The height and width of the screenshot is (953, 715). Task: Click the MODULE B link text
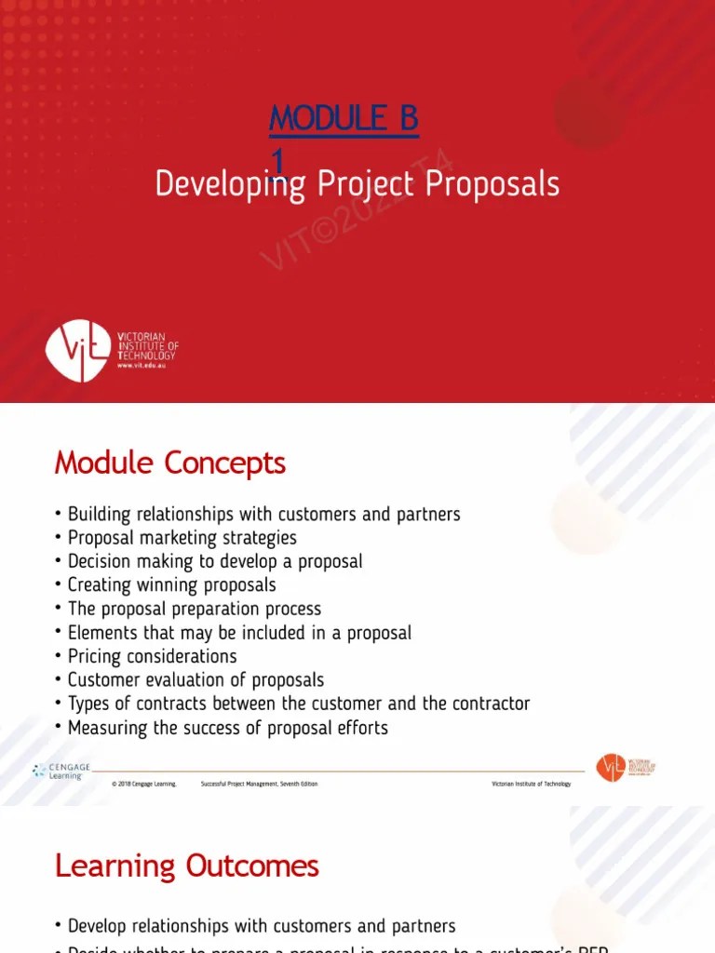tap(344, 119)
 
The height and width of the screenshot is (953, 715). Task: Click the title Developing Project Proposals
tap(357, 184)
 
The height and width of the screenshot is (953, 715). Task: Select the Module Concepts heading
tap(169, 463)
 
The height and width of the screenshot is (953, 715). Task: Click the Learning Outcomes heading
tap(186, 866)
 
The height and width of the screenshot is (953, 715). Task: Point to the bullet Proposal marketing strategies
tap(182, 538)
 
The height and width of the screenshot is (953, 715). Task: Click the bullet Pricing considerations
tap(152, 656)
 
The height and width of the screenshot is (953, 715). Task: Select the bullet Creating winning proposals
tap(171, 585)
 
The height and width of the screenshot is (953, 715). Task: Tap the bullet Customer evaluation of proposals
tap(196, 680)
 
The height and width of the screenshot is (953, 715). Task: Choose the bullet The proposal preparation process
tap(194, 609)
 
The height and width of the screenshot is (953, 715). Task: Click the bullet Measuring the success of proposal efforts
tap(227, 728)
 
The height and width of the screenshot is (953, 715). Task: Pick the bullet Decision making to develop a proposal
tap(215, 561)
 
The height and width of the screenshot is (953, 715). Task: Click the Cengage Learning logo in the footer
tap(61, 772)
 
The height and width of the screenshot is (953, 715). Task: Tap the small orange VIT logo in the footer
tap(611, 768)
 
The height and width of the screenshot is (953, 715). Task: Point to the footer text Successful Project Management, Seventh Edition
tap(259, 785)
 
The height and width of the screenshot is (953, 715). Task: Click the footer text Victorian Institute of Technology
tap(531, 785)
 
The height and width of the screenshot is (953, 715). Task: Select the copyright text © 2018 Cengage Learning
tap(144, 785)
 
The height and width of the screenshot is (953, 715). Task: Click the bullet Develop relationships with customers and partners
tap(262, 926)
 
